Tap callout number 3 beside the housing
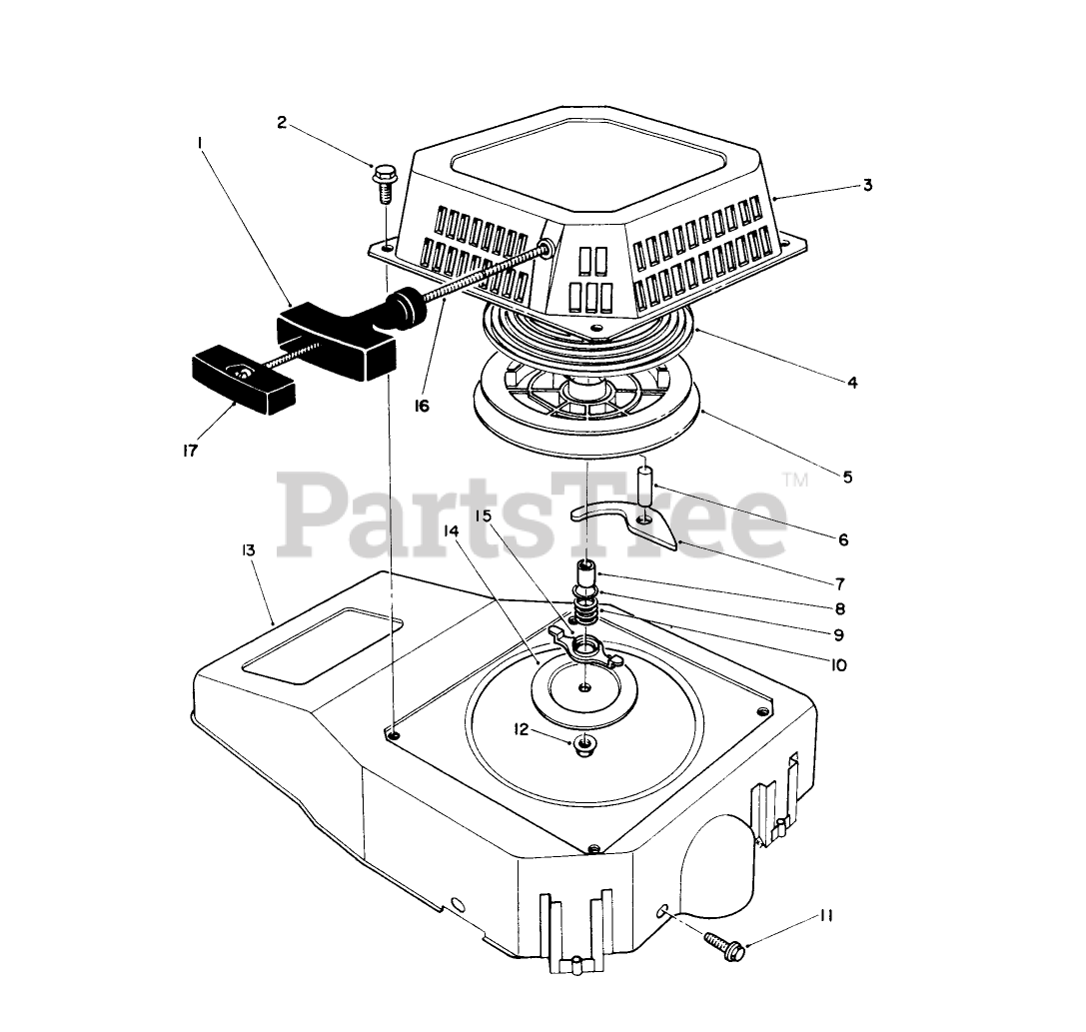tap(867, 185)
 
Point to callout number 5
tap(847, 477)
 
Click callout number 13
tap(248, 549)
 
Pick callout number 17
tap(190, 451)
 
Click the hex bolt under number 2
tap(383, 181)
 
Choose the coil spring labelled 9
tap(587, 606)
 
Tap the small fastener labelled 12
tap(583, 742)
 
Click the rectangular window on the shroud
tap(326, 648)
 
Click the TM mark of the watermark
tap(795, 482)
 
